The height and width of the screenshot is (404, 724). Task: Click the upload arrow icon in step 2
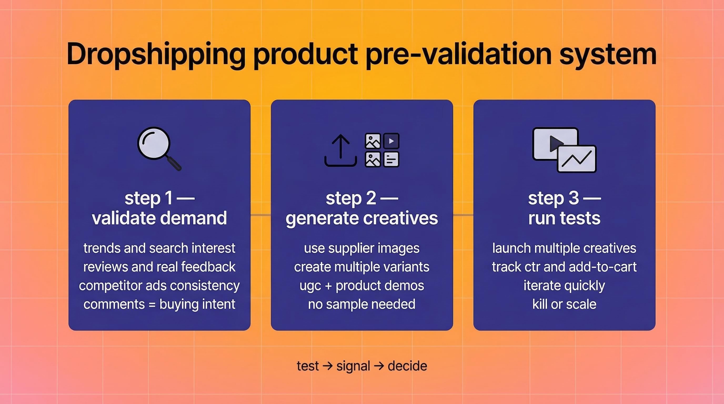[x=341, y=150]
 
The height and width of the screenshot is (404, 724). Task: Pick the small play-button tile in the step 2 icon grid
[x=391, y=141]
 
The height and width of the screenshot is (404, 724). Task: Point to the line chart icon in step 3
[x=577, y=159]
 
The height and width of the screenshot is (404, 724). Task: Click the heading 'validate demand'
[x=159, y=218]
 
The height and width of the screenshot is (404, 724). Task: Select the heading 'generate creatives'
[x=362, y=218]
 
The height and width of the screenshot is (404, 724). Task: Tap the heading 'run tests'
[x=564, y=218]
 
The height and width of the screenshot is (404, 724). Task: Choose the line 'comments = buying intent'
[x=159, y=304]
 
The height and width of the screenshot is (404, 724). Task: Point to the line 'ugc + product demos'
[x=362, y=286]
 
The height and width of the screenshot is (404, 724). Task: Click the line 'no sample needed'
[x=362, y=304]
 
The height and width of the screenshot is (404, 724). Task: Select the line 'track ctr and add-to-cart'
[x=564, y=267]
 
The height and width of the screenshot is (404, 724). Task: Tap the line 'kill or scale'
[x=564, y=304]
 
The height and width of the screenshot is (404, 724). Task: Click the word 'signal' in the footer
[x=353, y=366]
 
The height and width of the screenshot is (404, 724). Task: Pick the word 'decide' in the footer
[x=407, y=366]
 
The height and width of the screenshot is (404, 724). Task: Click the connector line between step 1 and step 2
[x=260, y=215]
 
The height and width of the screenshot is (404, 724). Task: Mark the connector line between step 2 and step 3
[x=463, y=215]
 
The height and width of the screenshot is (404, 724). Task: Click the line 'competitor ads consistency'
[x=159, y=286]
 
